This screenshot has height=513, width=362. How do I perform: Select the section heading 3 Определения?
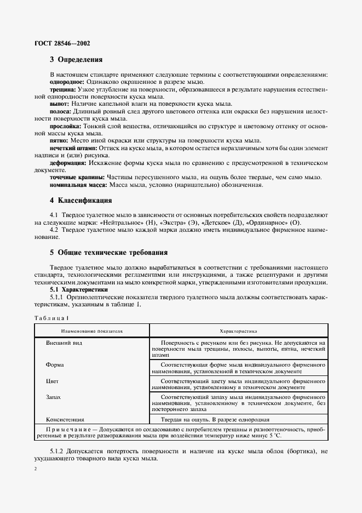77,60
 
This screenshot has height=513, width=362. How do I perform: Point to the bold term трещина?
63,89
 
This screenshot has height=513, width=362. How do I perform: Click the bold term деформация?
68,163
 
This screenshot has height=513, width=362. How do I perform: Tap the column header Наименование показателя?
92,332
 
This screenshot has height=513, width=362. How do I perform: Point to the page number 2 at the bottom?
35,470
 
